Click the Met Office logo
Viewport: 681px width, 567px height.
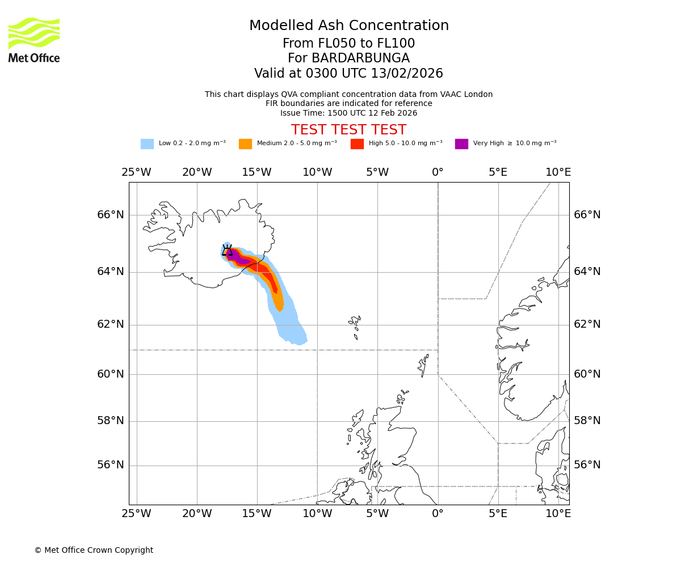pyautogui.click(x=34, y=40)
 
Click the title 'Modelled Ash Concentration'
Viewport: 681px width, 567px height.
pyautogui.click(x=349, y=26)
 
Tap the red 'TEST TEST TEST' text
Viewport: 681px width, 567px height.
pyautogui.click(x=348, y=130)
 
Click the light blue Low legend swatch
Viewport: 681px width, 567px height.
pyautogui.click(x=147, y=144)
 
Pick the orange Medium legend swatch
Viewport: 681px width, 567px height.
pyautogui.click(x=245, y=144)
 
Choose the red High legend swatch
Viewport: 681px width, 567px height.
pyautogui.click(x=357, y=144)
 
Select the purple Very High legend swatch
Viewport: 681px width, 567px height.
pyautogui.click(x=461, y=144)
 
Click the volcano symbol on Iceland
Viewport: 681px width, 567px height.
pyautogui.click(x=227, y=250)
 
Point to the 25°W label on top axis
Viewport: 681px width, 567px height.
pyautogui.click(x=136, y=172)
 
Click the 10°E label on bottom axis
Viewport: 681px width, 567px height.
pyautogui.click(x=558, y=514)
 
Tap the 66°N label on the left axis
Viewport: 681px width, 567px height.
pyautogui.click(x=110, y=215)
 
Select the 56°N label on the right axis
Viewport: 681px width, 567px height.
pyautogui.click(x=587, y=465)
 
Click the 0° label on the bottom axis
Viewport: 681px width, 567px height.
pyautogui.click(x=438, y=514)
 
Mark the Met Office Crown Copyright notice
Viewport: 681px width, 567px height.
pyautogui.click(x=94, y=551)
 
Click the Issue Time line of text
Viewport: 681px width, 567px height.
pyautogui.click(x=348, y=113)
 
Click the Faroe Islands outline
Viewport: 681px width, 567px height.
pyautogui.click(x=355, y=324)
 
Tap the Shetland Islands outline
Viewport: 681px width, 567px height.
pyautogui.click(x=423, y=364)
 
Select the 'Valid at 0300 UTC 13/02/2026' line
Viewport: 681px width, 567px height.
pyautogui.click(x=348, y=74)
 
